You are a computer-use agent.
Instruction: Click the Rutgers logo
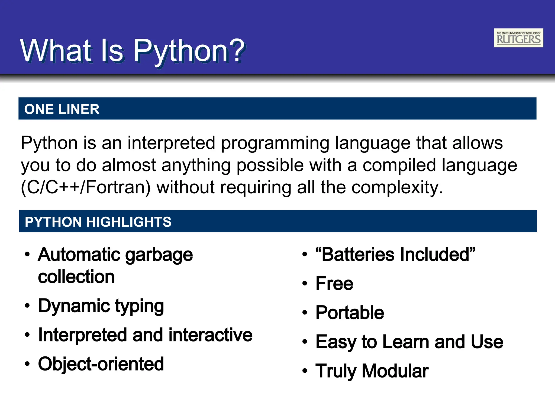coord(518,38)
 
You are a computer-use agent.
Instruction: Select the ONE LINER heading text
coord(62,109)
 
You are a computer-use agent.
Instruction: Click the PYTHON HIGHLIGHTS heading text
coord(98,222)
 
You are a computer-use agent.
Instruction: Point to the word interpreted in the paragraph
coord(171,143)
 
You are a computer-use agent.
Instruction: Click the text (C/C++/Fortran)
coord(85,187)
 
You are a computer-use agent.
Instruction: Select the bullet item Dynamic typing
coord(101,306)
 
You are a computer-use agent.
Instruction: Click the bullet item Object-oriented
coord(101,364)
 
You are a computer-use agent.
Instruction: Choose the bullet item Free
coord(334,284)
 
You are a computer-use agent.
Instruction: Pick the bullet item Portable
coord(350,313)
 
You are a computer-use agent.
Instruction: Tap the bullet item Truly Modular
coord(372,371)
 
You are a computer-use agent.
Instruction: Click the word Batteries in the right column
coord(358,255)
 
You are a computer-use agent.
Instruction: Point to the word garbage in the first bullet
coord(159,255)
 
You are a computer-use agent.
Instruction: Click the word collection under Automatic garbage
coord(76,277)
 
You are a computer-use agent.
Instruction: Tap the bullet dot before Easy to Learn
coord(305,342)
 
